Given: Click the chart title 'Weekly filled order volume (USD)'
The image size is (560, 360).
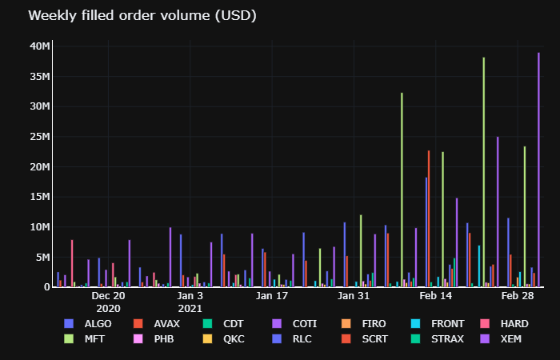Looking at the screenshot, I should click(142, 16).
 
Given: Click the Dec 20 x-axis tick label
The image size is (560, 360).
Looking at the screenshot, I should click(108, 296).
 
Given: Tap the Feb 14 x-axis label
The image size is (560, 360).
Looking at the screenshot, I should click(436, 296).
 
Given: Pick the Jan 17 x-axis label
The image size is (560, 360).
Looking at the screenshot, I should click(272, 296).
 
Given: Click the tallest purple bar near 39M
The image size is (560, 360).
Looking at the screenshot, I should click(538, 170).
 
